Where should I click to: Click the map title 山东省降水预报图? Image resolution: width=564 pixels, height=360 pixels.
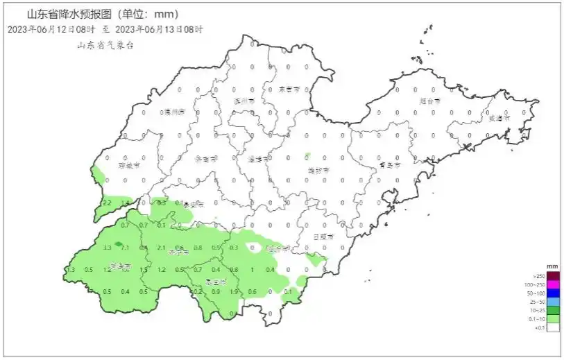tap(69, 14)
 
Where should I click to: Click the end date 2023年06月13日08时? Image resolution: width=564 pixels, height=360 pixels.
tap(159, 29)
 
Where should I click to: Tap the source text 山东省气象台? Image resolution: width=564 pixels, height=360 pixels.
tap(105, 44)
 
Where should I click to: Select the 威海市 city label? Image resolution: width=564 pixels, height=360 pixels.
tap(499, 119)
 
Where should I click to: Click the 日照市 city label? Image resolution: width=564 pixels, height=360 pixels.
tap(323, 237)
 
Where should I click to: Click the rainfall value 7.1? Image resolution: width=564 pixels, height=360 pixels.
tap(126, 248)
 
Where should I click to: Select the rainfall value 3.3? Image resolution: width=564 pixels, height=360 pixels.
tap(108, 248)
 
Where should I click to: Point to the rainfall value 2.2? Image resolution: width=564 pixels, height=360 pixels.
tap(108, 203)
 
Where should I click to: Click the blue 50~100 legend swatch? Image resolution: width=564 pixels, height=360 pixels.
tap(553, 294)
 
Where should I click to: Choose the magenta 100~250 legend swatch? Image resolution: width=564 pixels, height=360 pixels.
tap(553, 285)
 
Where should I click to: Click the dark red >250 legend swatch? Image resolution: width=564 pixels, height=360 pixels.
tap(553, 276)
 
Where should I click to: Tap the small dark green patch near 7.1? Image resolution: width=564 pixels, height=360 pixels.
tap(118, 244)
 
